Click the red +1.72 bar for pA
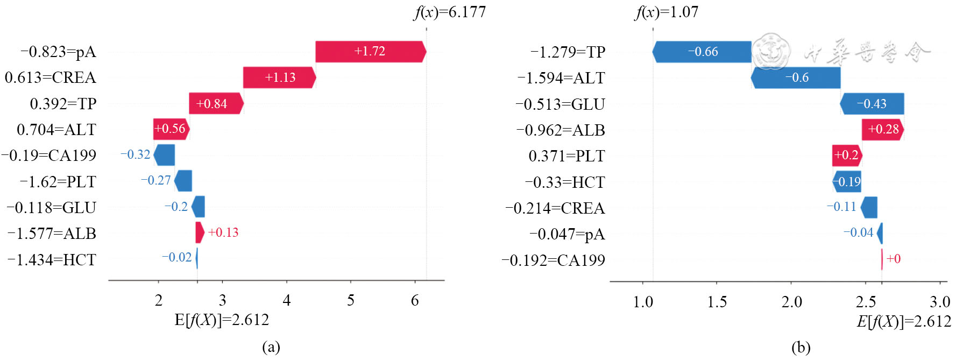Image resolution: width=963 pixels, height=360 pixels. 370,52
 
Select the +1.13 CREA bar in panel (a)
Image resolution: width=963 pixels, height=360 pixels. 279,77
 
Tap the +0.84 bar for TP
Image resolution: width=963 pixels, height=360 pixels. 216,103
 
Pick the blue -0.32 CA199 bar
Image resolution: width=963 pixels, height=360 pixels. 165,155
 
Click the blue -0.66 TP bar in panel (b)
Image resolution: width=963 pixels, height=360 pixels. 702,52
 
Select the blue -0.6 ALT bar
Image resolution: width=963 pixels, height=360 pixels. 796,77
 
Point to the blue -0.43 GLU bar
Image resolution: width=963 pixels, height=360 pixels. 872,104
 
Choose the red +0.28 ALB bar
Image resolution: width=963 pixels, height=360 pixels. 882,130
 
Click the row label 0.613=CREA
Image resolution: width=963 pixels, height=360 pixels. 50,77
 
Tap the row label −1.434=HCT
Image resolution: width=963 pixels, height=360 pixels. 52,260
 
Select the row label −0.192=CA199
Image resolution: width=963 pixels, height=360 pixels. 553,260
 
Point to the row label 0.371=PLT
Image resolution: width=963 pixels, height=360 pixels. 567,156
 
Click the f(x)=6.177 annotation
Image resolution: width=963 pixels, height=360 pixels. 450,12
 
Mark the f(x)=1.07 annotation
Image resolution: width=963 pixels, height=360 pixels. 666,12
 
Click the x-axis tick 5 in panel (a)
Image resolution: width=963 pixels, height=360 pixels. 351,300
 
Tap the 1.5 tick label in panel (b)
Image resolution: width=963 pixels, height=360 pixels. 717,302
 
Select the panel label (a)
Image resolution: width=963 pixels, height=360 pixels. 271,347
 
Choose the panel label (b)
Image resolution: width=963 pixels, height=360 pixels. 801,348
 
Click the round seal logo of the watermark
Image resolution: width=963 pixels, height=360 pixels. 771,52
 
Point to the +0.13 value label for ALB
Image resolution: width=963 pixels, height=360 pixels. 223,232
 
